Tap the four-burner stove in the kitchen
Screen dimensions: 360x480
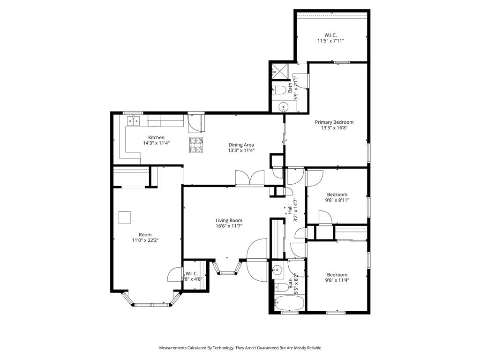[x=197, y=145]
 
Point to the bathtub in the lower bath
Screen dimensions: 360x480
[x=286, y=303]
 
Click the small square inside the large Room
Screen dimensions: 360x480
[x=125, y=218]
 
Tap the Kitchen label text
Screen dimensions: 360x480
[x=156, y=137]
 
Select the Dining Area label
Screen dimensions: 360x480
[x=241, y=145]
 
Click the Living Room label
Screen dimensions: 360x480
[x=229, y=220]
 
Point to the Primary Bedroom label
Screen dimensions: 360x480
[x=334, y=122]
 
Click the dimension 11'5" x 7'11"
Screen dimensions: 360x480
[x=330, y=41]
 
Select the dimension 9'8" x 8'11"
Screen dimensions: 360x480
[x=337, y=200]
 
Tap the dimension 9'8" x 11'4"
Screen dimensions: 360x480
[x=337, y=280]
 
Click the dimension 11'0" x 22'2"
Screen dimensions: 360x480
[x=145, y=240]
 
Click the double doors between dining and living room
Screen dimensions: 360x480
[x=250, y=178]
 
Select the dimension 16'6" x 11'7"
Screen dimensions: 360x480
[x=229, y=226]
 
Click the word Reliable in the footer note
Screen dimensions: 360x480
[x=313, y=348]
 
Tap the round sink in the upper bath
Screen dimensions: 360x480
[x=284, y=107]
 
